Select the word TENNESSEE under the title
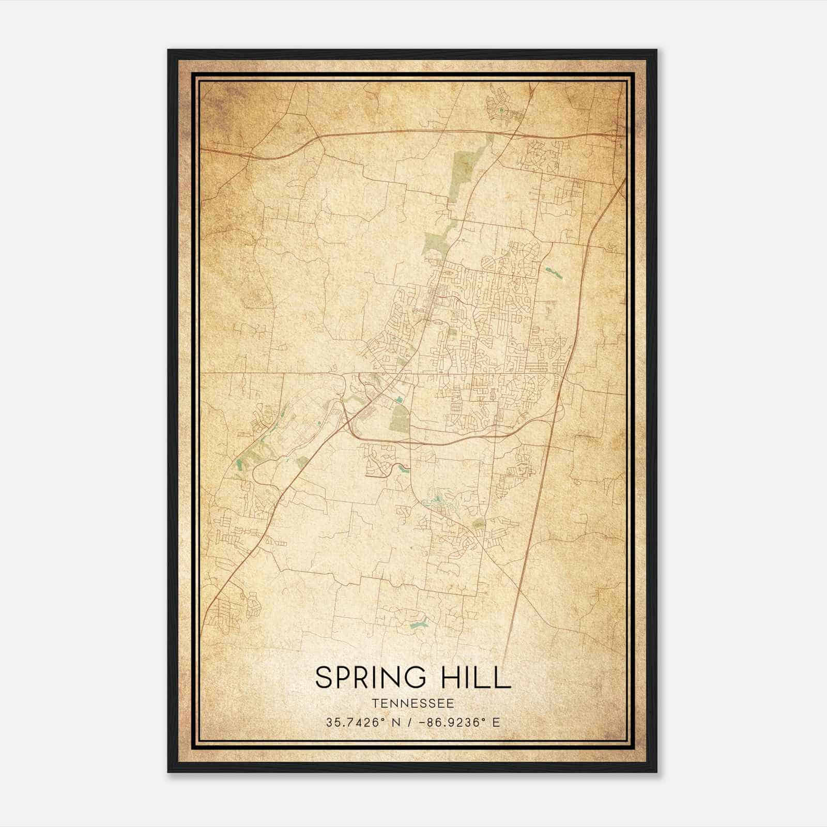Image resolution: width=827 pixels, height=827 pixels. point(413,703)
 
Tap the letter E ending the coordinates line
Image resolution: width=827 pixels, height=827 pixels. point(497,723)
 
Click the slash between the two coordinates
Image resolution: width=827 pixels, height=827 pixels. point(410,723)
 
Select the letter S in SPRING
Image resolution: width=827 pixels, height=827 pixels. point(324,677)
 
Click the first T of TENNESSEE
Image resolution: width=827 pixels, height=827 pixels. point(375,703)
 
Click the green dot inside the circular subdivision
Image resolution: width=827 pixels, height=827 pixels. point(500,110)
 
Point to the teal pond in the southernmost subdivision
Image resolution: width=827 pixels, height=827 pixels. point(418,624)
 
